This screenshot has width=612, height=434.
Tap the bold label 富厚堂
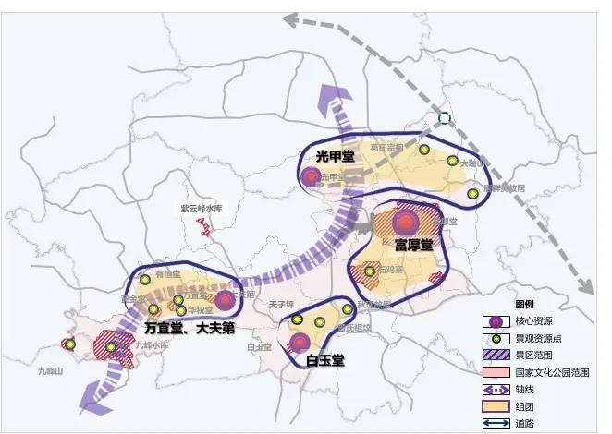click(413, 245)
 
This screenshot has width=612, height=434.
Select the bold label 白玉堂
click(325, 360)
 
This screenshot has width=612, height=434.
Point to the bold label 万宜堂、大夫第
click(190, 326)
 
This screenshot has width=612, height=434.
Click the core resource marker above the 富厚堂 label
click(404, 222)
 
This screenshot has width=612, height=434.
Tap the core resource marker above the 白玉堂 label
click(300, 342)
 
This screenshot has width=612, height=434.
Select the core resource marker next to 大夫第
click(225, 299)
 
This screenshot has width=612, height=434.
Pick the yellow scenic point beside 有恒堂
click(145, 278)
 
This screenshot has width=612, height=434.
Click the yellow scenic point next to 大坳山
click(453, 162)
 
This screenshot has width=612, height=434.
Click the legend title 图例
click(523, 304)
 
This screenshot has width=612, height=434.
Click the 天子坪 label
click(280, 303)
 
